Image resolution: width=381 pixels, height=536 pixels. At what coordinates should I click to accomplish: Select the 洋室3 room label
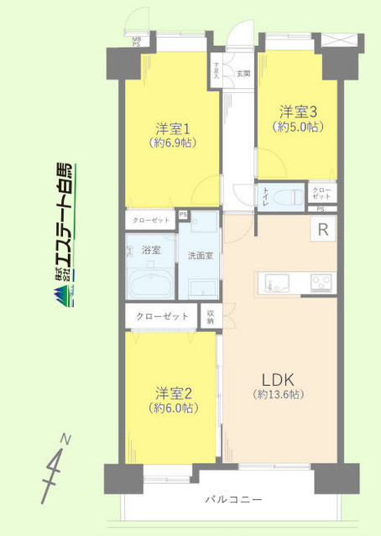296,111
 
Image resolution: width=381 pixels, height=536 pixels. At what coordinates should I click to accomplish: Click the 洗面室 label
201,255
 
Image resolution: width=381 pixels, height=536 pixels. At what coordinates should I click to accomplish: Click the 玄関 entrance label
243,74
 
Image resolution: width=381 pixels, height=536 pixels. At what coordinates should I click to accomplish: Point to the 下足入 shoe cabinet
217,71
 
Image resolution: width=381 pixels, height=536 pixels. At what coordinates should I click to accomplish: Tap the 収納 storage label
211,316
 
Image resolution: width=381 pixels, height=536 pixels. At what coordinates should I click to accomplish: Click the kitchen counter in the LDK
298,280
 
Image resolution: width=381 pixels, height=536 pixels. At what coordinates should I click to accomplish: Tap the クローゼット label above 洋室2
164,316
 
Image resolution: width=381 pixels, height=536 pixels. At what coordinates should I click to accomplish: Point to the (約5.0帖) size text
296,127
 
